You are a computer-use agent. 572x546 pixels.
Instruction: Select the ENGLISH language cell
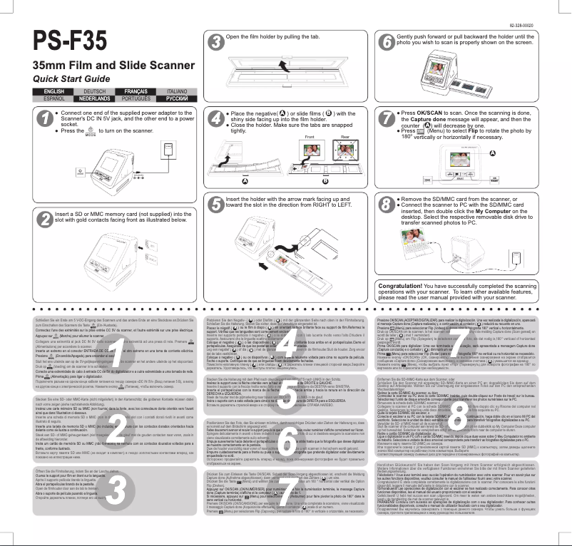[54, 92]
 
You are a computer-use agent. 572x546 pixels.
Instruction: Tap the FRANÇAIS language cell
[136, 92]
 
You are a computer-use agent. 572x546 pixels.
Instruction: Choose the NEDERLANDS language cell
[94, 98]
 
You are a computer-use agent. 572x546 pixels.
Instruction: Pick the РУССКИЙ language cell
[176, 98]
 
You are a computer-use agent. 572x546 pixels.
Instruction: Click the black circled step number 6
[385, 41]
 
